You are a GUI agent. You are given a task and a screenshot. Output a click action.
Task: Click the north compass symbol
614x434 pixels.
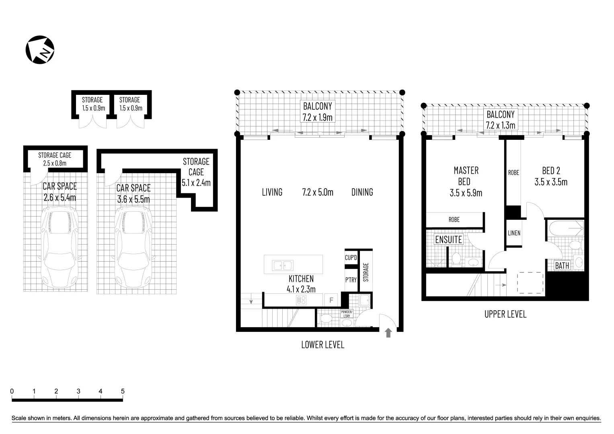pyautogui.click(x=40, y=50)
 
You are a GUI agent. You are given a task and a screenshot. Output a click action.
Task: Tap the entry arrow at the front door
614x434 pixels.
pyautogui.click(x=388, y=333)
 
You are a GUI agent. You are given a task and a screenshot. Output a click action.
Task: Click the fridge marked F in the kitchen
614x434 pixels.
pyautogui.click(x=331, y=300)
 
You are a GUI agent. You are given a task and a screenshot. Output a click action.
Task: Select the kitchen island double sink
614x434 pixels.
pyautogui.click(x=283, y=265)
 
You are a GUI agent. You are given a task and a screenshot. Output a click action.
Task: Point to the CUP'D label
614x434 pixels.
pyautogui.click(x=351, y=258)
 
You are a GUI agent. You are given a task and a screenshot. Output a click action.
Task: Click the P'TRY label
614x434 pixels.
pyautogui.click(x=351, y=280)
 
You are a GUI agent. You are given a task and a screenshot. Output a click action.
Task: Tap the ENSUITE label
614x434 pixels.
pyautogui.click(x=449, y=240)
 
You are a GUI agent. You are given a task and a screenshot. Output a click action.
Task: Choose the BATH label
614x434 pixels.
pyautogui.click(x=562, y=266)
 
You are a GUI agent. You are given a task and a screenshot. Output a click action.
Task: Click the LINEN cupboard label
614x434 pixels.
pyautogui.click(x=514, y=233)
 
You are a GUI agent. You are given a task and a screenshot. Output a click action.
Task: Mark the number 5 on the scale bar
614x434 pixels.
pyautogui.click(x=123, y=391)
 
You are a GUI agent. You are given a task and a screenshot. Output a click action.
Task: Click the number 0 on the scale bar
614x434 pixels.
pyautogui.click(x=12, y=391)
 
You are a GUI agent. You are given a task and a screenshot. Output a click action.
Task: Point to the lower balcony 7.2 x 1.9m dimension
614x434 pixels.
pyautogui.click(x=318, y=117)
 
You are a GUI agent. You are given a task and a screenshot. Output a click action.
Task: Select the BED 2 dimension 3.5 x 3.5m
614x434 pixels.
pyautogui.click(x=551, y=182)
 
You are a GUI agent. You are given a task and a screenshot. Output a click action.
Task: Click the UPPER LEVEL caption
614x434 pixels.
pyautogui.click(x=505, y=314)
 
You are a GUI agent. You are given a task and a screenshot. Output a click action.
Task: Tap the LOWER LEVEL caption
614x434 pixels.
pyautogui.click(x=322, y=345)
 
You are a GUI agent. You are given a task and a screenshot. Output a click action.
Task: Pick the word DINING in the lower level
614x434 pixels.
pyautogui.click(x=362, y=192)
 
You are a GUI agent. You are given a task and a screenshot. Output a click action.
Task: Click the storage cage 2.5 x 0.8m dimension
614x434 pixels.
pyautogui.click(x=55, y=163)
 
